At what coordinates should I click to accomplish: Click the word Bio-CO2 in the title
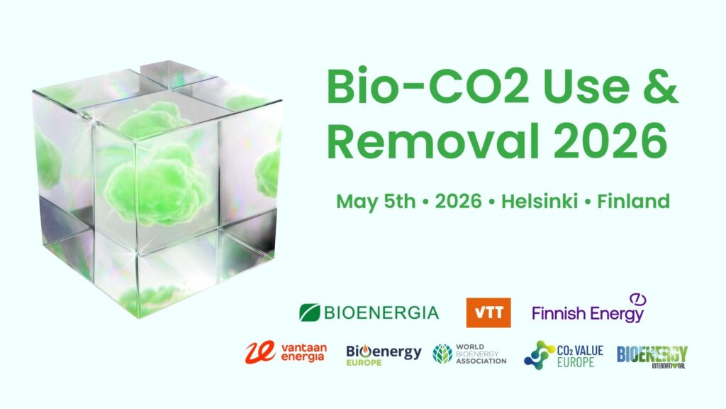pos(428,87)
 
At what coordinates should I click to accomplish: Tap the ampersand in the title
pos(661,87)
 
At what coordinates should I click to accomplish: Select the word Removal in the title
pos(433,141)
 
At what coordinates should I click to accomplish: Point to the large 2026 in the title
pos(610,141)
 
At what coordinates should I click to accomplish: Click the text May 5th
pos(376,202)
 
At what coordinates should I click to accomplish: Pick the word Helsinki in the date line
pos(540,201)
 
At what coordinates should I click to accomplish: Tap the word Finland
pos(633,201)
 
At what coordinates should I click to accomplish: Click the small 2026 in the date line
pos(459,201)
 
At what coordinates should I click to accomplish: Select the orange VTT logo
pos(488,312)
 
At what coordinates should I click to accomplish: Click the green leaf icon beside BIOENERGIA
pos(309,312)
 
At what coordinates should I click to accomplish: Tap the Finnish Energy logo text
pos(588,314)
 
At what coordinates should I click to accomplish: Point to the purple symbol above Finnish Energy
pos(637,299)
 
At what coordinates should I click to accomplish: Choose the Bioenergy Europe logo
pos(384,355)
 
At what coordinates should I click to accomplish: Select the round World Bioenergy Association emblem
pos(442,354)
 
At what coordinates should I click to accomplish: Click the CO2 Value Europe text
pos(580,356)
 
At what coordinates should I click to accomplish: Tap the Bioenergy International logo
pos(652,356)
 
